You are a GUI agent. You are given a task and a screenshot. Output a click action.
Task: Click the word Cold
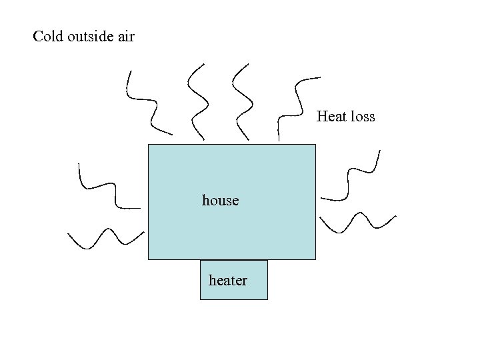click(x=48, y=37)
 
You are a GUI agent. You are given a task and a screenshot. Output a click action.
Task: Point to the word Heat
click(x=331, y=117)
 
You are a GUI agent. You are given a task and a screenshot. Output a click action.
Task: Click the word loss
click(x=362, y=117)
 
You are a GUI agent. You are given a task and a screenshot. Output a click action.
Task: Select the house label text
click(x=220, y=200)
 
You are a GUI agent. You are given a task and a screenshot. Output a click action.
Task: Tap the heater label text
click(x=227, y=281)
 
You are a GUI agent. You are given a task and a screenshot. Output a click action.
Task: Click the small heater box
click(x=233, y=292)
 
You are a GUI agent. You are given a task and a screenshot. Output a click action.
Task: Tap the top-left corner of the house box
click(x=148, y=144)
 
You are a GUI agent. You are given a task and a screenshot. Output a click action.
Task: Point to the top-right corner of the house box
click(x=315, y=144)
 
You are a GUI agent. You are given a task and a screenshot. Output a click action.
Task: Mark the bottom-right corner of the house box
click(x=315, y=259)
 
